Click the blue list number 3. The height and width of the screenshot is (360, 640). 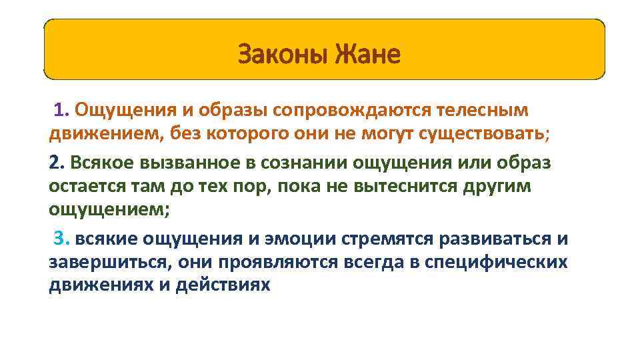[61, 239]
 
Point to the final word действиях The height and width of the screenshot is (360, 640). [225, 285]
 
